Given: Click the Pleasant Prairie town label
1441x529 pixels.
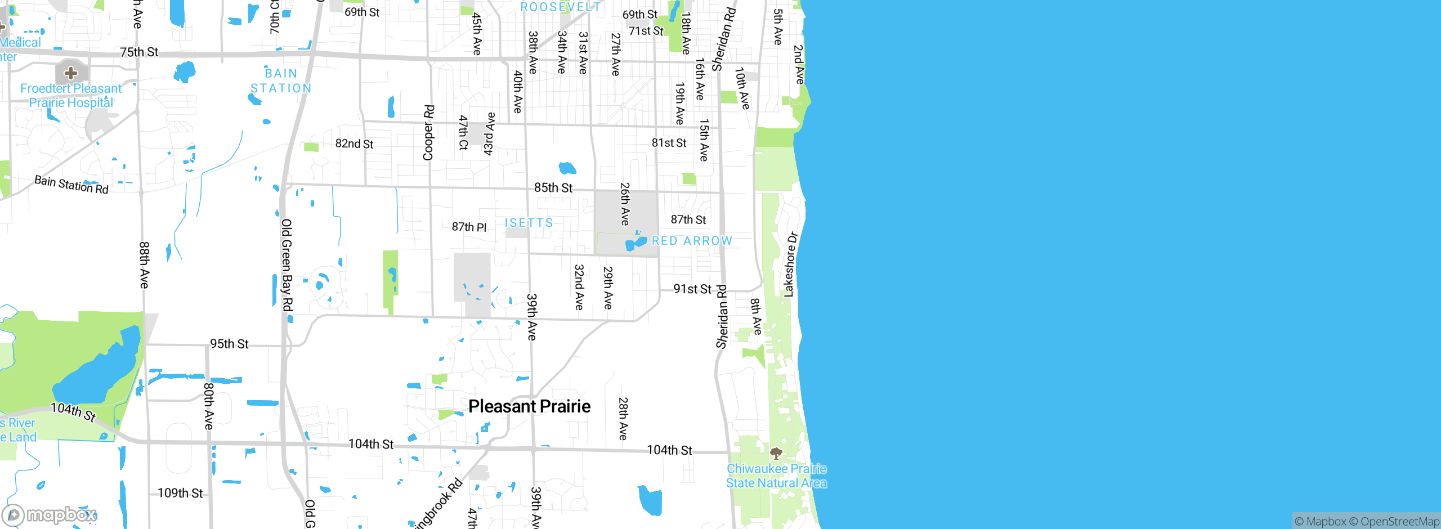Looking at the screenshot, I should (x=529, y=406).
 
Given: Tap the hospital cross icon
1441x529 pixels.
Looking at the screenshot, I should (x=71, y=73).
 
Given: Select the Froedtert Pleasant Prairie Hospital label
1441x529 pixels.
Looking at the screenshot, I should (x=71, y=96).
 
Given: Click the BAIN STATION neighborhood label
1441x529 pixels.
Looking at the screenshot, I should (x=281, y=81).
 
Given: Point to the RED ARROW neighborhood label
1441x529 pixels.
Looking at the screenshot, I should (x=692, y=241).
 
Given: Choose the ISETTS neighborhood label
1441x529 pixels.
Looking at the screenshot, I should (x=529, y=223).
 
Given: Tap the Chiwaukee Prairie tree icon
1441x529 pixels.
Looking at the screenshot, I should (x=776, y=453).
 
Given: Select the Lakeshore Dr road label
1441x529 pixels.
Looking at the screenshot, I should (x=790, y=264).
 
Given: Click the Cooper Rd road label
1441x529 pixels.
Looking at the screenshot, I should (x=428, y=133).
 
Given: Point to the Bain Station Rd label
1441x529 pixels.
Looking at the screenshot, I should (x=71, y=185).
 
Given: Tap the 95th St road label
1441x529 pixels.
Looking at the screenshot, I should (x=229, y=344).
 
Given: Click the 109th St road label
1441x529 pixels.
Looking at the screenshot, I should (x=180, y=494).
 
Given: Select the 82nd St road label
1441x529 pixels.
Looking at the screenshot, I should (x=354, y=144).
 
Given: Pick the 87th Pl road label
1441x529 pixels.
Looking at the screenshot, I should (x=469, y=227).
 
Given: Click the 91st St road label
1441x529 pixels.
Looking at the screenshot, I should (x=692, y=289).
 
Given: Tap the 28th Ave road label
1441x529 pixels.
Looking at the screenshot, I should (x=623, y=419).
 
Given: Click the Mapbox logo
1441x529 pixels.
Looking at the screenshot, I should (x=50, y=515).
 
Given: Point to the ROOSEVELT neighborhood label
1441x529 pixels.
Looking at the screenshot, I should (x=560, y=7).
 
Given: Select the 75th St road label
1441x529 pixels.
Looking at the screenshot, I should (x=139, y=52).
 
